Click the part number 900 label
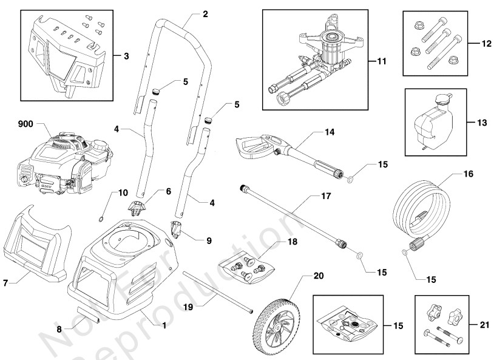click(24, 124)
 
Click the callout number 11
click(381, 61)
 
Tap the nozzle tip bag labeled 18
click(246, 266)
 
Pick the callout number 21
click(483, 325)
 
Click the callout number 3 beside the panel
click(126, 56)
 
